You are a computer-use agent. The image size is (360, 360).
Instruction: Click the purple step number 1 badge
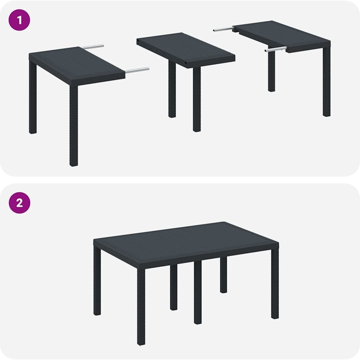(x=19, y=20)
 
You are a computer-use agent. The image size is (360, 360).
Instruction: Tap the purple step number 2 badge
(x=19, y=203)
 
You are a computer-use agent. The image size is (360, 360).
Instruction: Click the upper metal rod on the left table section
(x=92, y=47)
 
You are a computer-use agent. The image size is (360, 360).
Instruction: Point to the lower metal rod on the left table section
(x=137, y=70)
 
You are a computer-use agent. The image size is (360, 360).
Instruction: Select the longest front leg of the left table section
(x=74, y=125)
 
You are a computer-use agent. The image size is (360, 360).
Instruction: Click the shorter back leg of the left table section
(x=33, y=97)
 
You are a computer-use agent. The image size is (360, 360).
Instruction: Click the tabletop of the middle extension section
(x=186, y=49)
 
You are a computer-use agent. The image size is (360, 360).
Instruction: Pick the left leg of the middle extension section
(x=172, y=89)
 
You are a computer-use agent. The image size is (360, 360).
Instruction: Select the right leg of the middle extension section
(x=197, y=99)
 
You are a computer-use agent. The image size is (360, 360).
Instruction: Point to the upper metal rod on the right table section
(x=224, y=29)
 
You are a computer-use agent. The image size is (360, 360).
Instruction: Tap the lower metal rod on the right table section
(x=275, y=49)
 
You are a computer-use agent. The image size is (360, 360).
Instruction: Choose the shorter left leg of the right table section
(x=271, y=71)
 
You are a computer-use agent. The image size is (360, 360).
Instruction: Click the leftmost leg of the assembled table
(x=97, y=281)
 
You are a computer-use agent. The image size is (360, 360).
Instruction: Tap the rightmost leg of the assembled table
(x=275, y=283)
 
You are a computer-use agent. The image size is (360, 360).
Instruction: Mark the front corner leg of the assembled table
(x=141, y=307)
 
